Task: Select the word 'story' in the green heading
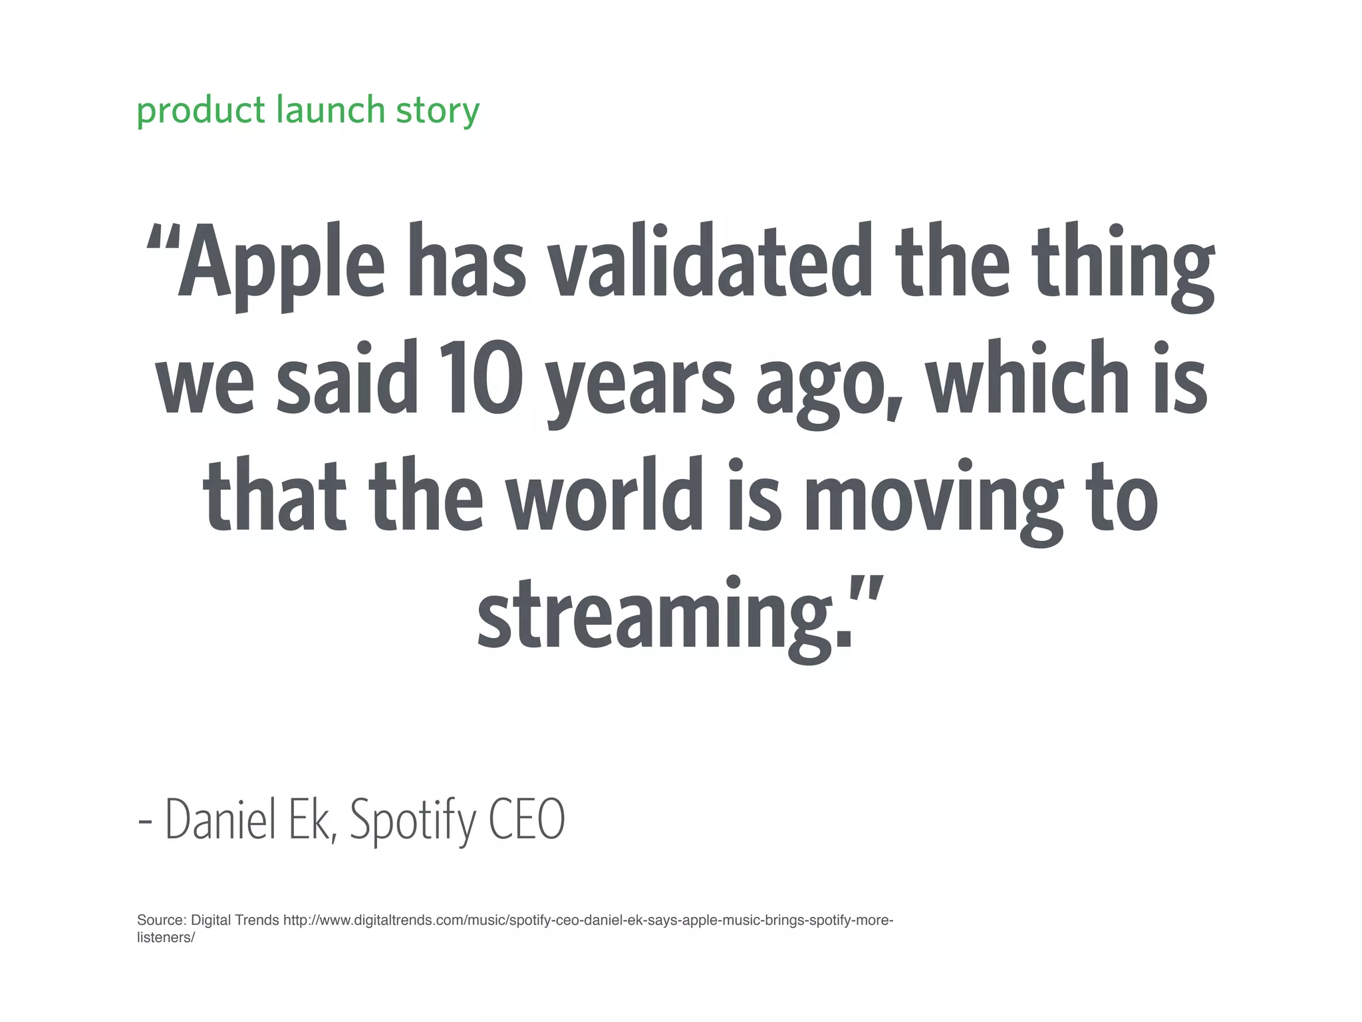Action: click(437, 110)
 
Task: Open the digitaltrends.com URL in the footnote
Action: click(588, 920)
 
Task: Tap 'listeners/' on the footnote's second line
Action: click(166, 937)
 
